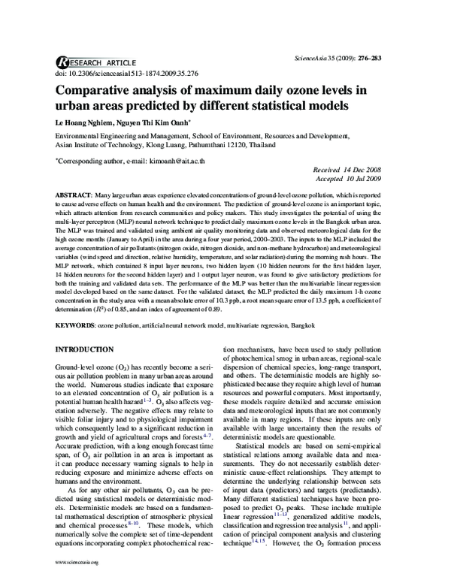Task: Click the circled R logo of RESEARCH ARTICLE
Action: coord(62,63)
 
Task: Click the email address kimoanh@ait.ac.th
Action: coord(171,161)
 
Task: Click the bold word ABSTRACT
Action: coord(74,195)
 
